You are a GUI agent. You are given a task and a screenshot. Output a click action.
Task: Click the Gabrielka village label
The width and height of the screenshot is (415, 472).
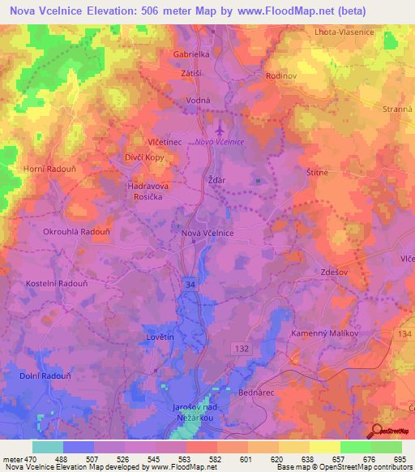click(x=191, y=54)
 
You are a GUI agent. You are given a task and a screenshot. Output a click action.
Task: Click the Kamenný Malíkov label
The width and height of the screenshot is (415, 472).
click(x=325, y=333)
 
